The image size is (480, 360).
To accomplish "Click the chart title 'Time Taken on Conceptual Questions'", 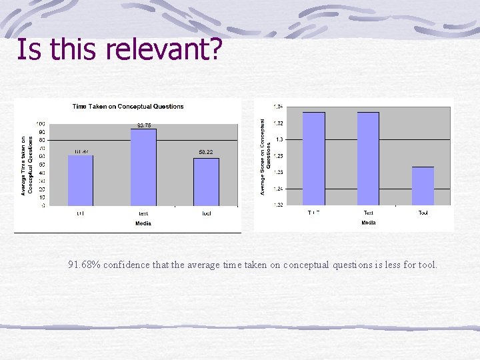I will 128,107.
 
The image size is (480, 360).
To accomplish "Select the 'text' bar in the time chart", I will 143,167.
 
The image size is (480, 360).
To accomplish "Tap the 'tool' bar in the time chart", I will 206,181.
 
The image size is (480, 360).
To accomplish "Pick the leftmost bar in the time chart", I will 81,180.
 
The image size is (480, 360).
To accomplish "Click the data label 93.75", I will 145,125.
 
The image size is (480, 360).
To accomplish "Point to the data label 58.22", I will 206,153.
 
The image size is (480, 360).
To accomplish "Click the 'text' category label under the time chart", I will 143,213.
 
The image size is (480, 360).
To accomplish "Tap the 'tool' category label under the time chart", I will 206,213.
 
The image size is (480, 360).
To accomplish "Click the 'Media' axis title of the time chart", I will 143,223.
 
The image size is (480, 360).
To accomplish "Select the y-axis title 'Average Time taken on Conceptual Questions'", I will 27,165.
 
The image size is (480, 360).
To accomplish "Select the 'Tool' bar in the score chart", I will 423,186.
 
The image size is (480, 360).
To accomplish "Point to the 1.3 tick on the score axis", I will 278,139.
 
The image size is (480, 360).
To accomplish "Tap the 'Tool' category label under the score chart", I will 423,213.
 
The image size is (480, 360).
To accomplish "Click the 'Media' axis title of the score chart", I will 369,223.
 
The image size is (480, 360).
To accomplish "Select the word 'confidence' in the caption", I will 127,265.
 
